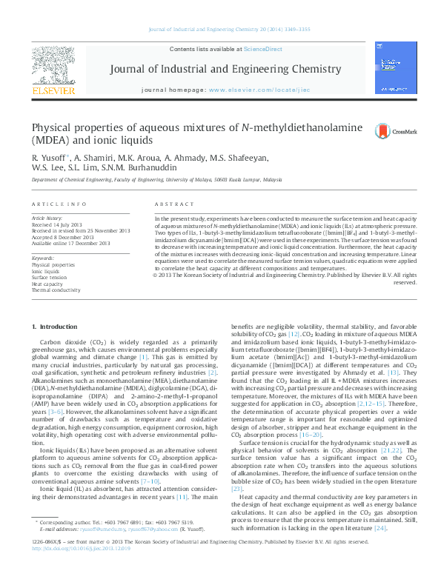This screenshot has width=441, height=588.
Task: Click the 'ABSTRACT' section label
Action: pos(174,204)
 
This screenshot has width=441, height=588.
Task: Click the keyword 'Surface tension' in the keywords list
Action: pos(50,277)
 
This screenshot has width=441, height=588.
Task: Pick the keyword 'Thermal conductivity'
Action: pos(56,290)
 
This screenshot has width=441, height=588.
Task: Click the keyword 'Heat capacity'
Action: pos(47,284)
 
